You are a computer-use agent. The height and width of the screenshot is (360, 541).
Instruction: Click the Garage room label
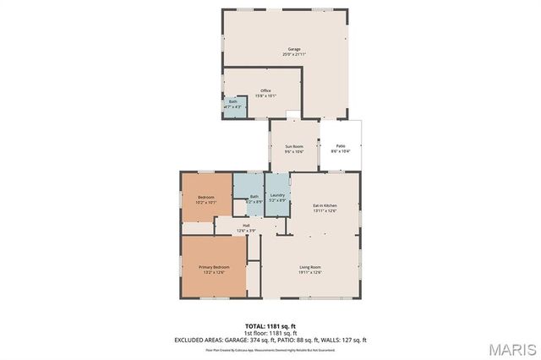point(293,50)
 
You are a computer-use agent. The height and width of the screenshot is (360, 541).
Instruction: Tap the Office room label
point(265,90)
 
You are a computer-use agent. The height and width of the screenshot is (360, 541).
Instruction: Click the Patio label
point(341,146)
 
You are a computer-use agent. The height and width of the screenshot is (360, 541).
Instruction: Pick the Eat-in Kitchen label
point(325,206)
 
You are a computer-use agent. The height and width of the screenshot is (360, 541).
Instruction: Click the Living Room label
point(310,267)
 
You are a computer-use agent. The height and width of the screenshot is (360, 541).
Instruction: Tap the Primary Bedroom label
point(214,267)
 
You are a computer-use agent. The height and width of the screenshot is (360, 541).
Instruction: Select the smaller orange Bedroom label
point(206,197)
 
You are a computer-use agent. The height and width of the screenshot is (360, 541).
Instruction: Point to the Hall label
point(246,226)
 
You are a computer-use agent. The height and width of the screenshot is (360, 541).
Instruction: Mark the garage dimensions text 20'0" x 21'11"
point(293,55)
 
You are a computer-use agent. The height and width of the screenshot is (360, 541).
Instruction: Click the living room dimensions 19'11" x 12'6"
point(310,272)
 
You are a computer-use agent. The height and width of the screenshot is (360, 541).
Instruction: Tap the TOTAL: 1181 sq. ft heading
point(270,325)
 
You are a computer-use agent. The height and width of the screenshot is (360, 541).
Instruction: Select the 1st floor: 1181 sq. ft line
point(270,332)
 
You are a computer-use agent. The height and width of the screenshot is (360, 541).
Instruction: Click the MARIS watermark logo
point(512,348)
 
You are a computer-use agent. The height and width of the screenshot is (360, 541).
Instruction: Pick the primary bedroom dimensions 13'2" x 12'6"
point(214,272)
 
